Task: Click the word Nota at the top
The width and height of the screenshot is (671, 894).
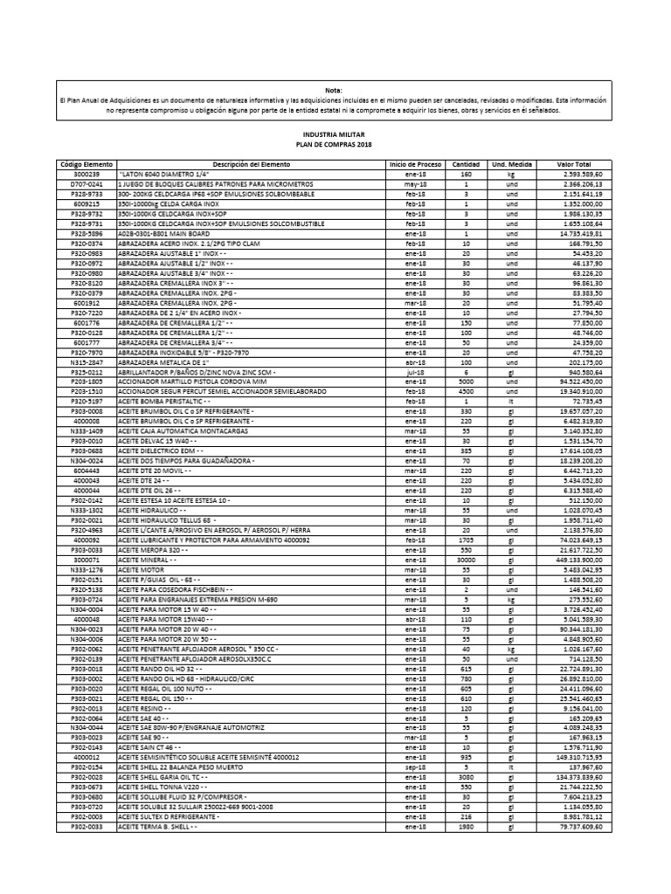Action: tap(335, 90)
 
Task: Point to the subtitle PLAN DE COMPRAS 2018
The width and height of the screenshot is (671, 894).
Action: tap(335, 144)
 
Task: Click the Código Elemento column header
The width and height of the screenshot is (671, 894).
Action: tap(86, 164)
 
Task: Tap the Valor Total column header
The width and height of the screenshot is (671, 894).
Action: tap(573, 164)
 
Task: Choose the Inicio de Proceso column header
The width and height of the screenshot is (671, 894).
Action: tap(415, 164)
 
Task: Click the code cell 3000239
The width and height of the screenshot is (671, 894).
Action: tap(86, 175)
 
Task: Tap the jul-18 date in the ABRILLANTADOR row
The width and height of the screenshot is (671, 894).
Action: tap(415, 372)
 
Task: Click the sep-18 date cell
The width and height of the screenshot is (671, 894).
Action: tap(415, 766)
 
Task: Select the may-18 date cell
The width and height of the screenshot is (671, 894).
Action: tap(415, 184)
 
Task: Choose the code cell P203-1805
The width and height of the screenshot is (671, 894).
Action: tap(86, 381)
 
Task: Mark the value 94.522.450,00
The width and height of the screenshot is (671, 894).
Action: tap(573, 381)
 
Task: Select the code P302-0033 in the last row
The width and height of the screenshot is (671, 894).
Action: tap(86, 826)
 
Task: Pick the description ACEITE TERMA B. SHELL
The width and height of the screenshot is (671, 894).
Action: tap(163, 826)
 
